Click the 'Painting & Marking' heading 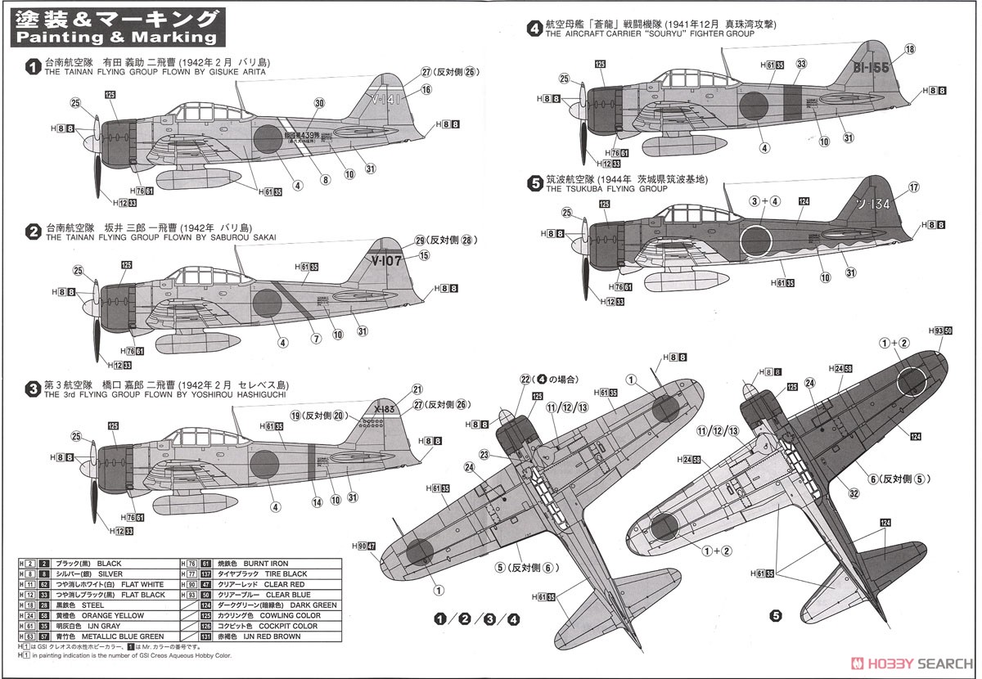click(116, 38)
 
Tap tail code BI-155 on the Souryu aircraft click(870, 68)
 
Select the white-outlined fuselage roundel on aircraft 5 click(757, 240)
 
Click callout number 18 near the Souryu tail click(909, 50)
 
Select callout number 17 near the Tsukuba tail click(913, 187)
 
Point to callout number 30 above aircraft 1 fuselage click(319, 104)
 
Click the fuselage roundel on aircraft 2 click(267, 304)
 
